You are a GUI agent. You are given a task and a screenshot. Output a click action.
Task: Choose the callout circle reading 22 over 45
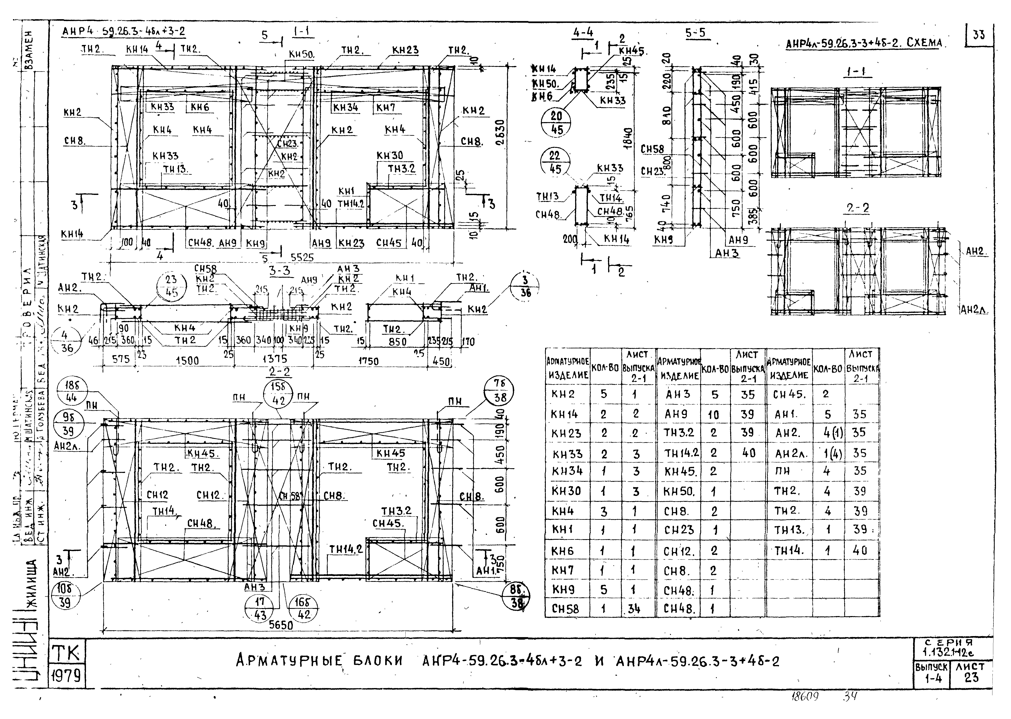pyautogui.click(x=555, y=162)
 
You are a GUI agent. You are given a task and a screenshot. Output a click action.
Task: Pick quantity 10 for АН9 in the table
pyautogui.click(x=713, y=415)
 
